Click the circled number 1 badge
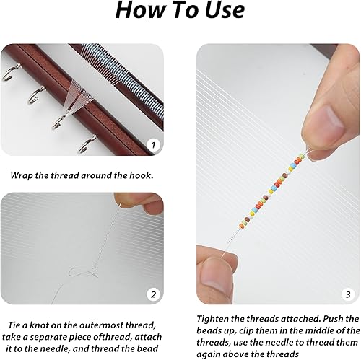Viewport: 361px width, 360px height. pyautogui.click(x=152, y=145)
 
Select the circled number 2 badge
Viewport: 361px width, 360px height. pyautogui.click(x=152, y=294)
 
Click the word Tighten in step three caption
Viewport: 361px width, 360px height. pyautogui.click(x=218, y=318)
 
